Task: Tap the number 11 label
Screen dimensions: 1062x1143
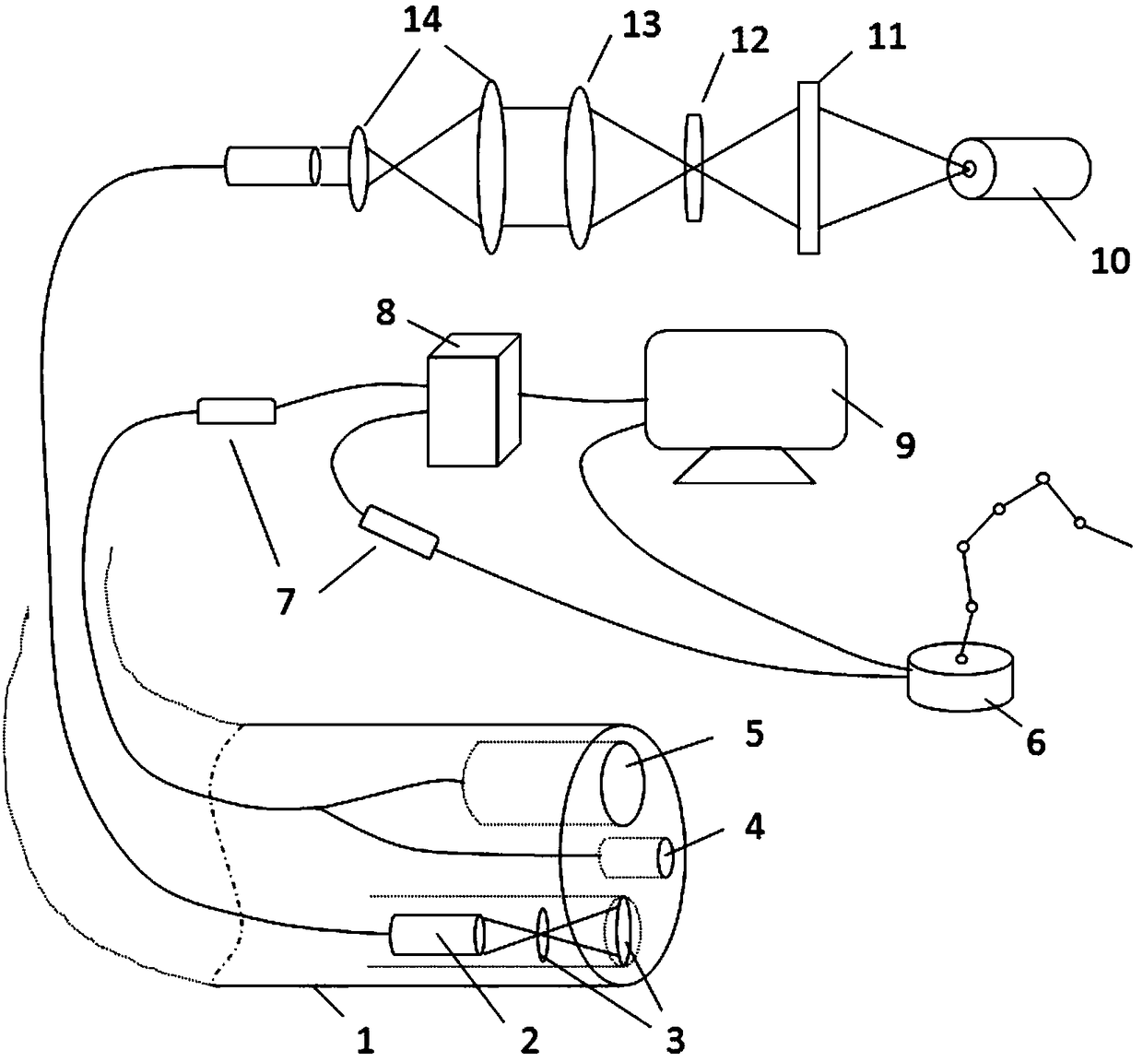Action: (887, 38)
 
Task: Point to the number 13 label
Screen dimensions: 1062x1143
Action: (641, 25)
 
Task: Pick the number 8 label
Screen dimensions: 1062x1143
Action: (385, 313)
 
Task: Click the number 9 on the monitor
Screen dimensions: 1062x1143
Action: (905, 445)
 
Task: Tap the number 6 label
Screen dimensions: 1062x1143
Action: (1035, 741)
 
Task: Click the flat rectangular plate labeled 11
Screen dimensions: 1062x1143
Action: (808, 168)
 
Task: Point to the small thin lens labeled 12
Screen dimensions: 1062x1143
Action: (694, 167)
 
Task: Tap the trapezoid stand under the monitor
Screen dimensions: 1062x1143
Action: (744, 466)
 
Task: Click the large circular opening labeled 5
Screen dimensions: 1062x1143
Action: (624, 782)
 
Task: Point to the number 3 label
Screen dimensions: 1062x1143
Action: (676, 1041)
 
